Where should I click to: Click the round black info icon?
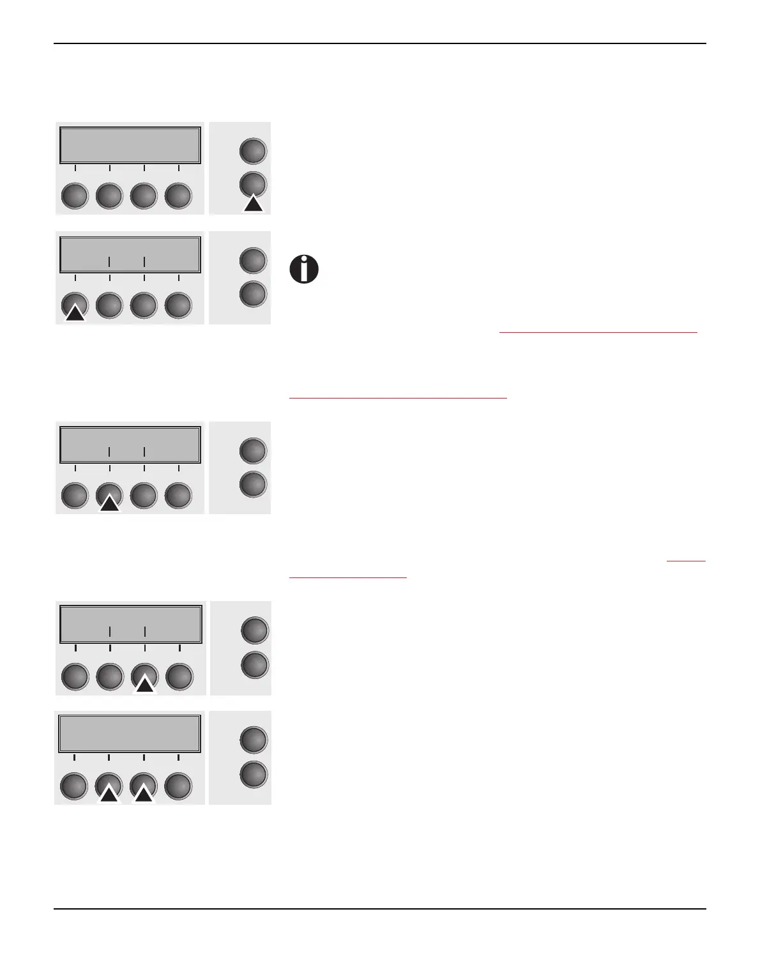(304, 270)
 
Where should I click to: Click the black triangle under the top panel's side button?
(254, 204)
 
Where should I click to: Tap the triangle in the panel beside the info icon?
(75, 312)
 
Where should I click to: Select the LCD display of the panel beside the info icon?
(130, 255)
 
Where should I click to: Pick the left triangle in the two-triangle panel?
(109, 793)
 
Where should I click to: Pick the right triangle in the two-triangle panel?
(144, 793)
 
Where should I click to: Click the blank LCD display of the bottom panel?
(130, 733)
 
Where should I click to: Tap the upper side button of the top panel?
(253, 151)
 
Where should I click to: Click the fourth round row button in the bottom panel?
(178, 786)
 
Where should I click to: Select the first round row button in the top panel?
(75, 196)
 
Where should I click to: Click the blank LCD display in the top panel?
(130, 145)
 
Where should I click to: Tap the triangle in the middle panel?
(109, 503)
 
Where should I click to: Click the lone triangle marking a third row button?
(145, 685)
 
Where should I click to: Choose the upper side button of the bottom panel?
(253, 740)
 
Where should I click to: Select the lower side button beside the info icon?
(253, 294)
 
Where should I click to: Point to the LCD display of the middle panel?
(130, 444)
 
